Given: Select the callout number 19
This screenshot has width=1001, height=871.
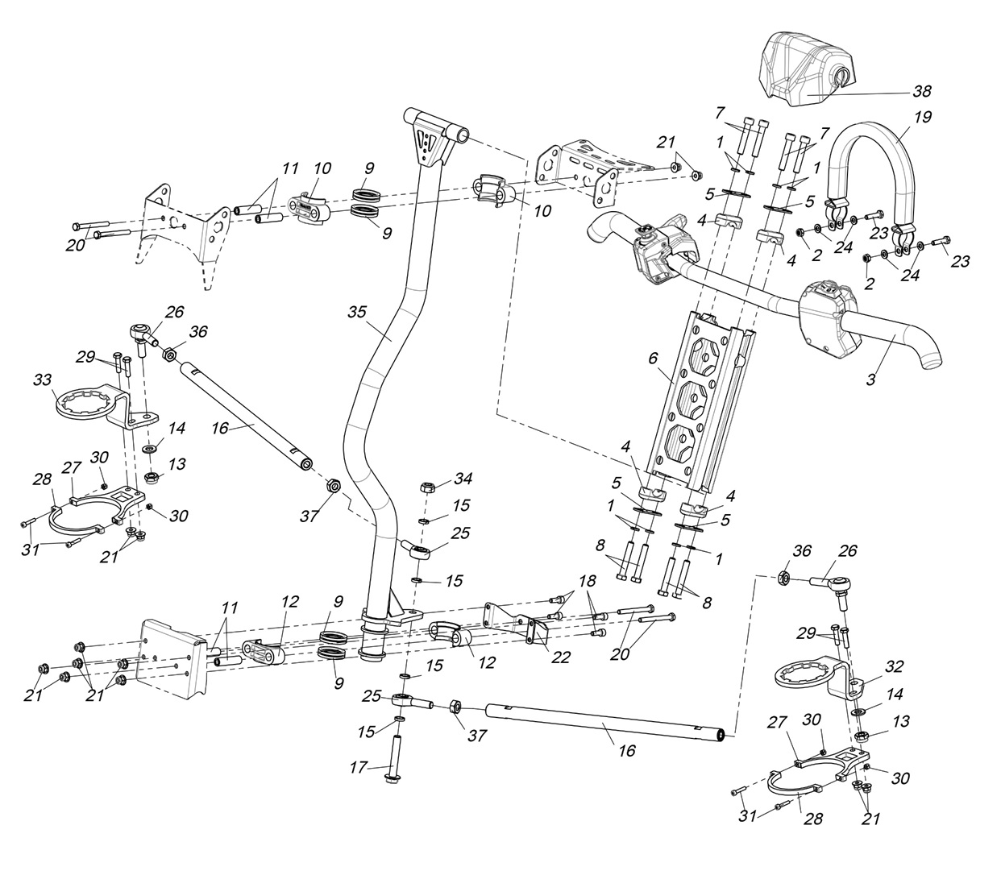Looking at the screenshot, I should pos(923,118).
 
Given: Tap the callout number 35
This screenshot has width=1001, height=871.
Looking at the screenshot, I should pos(359,310).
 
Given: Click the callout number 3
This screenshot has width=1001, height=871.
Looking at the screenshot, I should pos(870,380).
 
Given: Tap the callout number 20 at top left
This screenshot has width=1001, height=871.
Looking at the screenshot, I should pos(75,245).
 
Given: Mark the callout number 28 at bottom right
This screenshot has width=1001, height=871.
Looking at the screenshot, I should pos(812,819).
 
